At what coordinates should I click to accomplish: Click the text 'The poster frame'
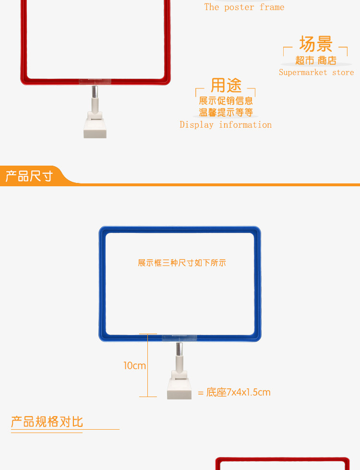pos(244,7)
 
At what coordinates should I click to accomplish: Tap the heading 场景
pos(316,44)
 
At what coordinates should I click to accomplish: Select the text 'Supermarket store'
pos(316,72)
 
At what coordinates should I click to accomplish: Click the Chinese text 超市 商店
pos(316,60)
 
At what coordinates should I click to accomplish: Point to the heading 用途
pos(226,85)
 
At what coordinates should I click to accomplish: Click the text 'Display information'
pos(226,125)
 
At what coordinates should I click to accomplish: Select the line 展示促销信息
pos(226,101)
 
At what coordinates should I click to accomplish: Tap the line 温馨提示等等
pos(226,113)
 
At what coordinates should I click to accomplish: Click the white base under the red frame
pos(95,127)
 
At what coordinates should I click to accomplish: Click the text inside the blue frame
pos(181,263)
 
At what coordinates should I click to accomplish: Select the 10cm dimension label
pos(134,366)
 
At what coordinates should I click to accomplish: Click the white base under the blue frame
pos(179,390)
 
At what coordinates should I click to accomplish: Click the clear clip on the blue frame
pos(180,337)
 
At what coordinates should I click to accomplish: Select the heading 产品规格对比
pos(47,422)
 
